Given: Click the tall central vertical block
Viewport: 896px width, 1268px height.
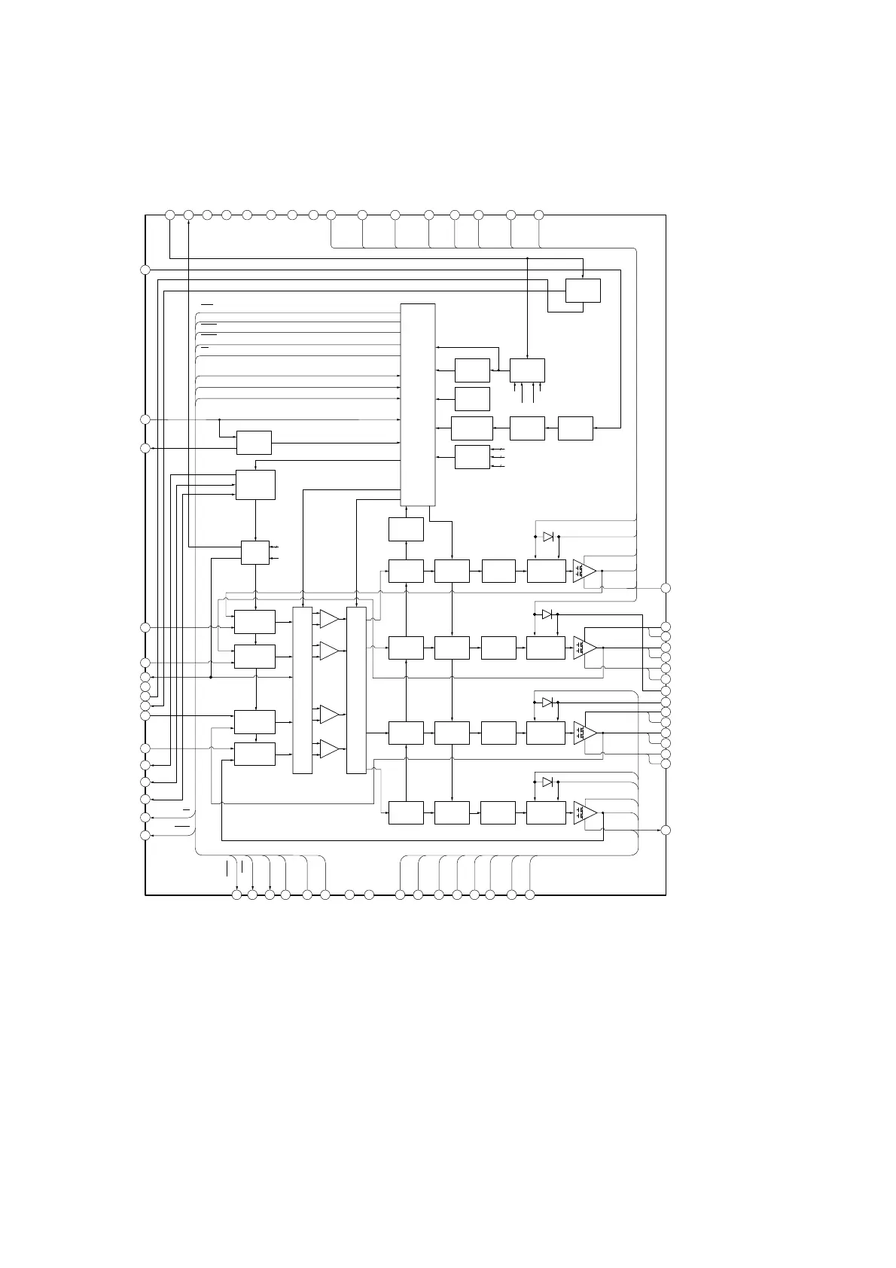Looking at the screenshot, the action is click(417, 404).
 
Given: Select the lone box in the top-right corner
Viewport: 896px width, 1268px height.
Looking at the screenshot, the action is click(583, 290).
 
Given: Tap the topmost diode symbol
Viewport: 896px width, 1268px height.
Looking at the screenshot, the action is click(548, 536).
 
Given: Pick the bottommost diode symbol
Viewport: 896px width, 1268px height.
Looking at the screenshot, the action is click(548, 782).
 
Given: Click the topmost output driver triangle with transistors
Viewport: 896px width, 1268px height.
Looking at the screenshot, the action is click(584, 572).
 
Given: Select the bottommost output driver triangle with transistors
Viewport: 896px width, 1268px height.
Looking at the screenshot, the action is click(584, 813).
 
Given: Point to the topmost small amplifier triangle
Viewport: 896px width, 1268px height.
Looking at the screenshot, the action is click(329, 619).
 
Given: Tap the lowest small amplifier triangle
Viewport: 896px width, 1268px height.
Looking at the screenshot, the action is click(329, 748).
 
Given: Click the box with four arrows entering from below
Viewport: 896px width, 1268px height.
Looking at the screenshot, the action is click(527, 370).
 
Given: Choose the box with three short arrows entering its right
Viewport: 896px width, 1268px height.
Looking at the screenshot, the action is click(472, 457).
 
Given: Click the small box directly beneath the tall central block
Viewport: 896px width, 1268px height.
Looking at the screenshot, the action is click(406, 529).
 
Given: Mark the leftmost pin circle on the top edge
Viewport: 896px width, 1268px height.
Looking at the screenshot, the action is click(170, 215).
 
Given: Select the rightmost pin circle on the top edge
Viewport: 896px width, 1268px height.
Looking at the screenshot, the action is click(538, 215).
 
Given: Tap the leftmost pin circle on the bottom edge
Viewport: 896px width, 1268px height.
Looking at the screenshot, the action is click(236, 895).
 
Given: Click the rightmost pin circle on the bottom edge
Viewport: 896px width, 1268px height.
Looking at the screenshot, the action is click(529, 895).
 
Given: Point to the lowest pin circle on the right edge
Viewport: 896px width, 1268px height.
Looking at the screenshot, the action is click(666, 830).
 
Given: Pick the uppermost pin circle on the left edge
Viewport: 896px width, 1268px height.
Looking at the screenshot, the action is click(145, 270).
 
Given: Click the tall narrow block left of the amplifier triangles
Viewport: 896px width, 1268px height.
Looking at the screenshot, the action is click(302, 690).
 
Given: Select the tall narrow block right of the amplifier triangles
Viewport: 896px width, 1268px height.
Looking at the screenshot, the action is click(356, 690).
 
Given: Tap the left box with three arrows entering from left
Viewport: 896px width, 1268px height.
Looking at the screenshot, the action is click(255, 484).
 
